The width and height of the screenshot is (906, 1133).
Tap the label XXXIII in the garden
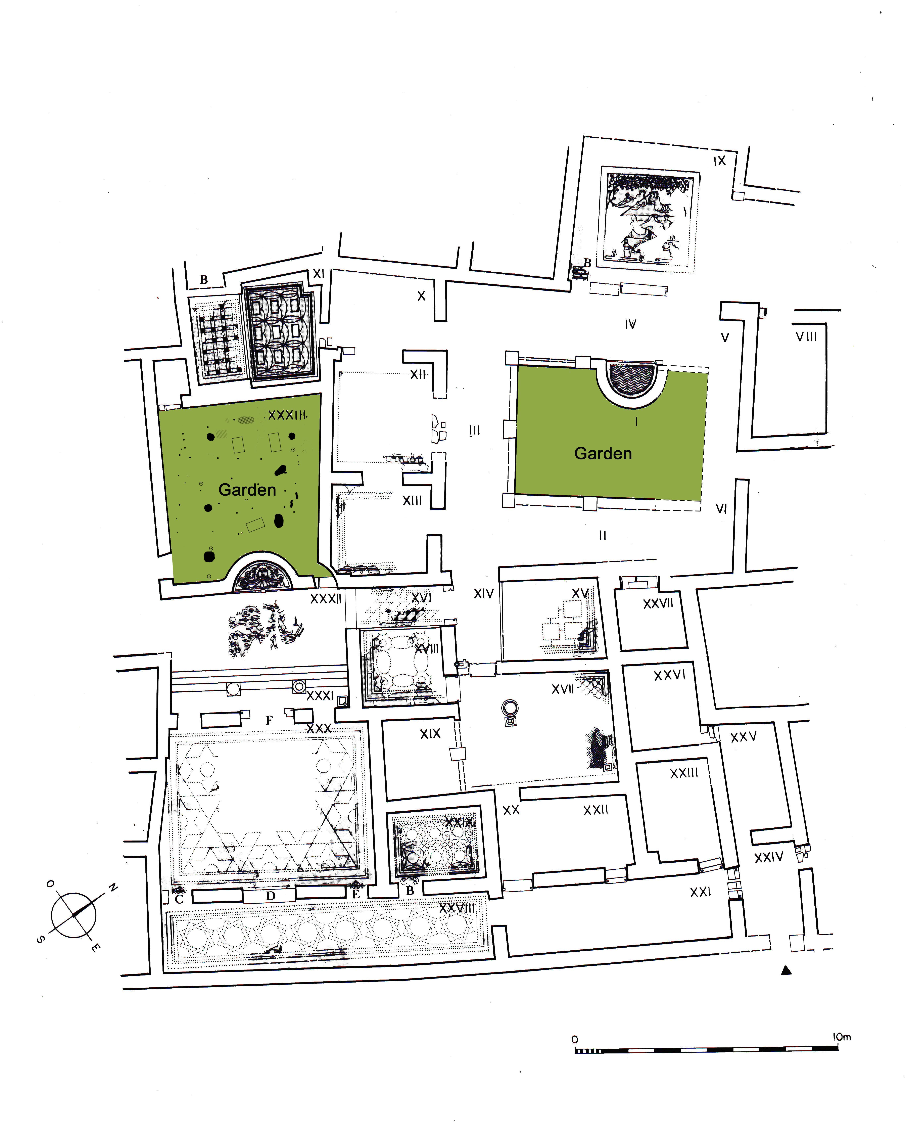point(287,415)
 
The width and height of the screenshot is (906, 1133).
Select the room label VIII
point(806,337)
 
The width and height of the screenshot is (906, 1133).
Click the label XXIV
point(768,858)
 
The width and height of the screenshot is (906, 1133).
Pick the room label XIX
point(430,734)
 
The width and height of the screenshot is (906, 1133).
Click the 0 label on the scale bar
point(574,1039)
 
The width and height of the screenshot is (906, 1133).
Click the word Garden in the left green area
point(247,490)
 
